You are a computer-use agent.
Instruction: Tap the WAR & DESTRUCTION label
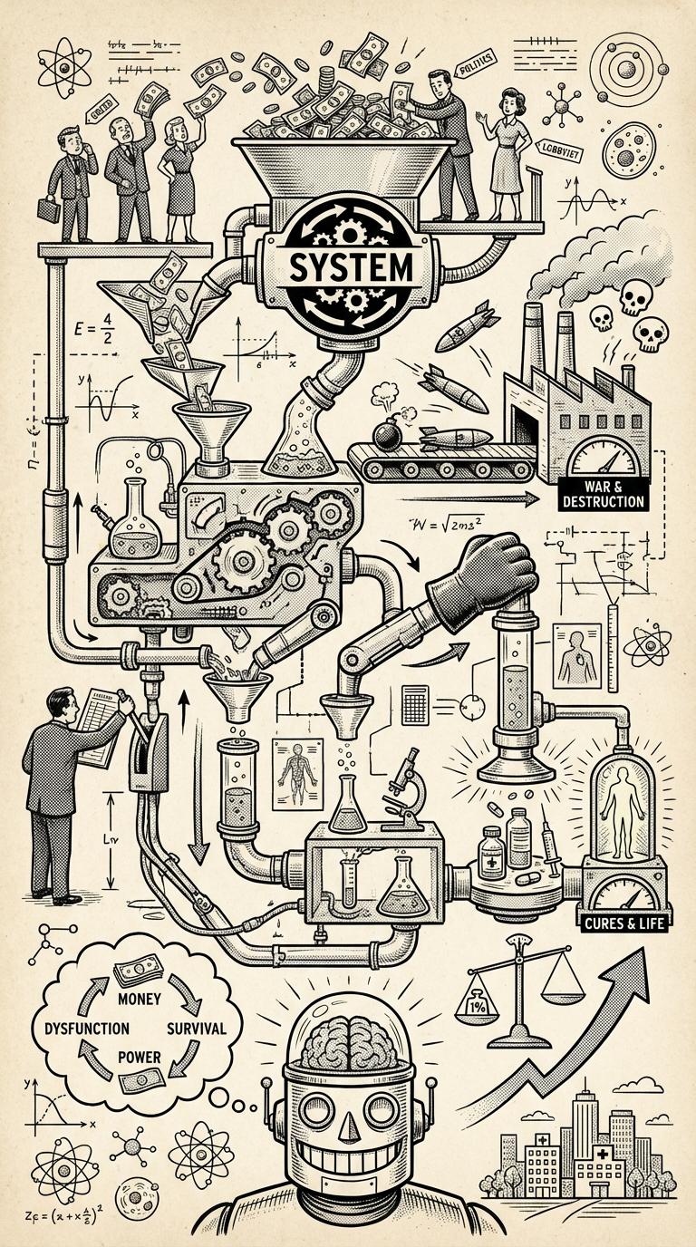(603, 494)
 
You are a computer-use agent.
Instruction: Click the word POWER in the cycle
(141, 1057)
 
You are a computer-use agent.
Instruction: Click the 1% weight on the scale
(480, 1004)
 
